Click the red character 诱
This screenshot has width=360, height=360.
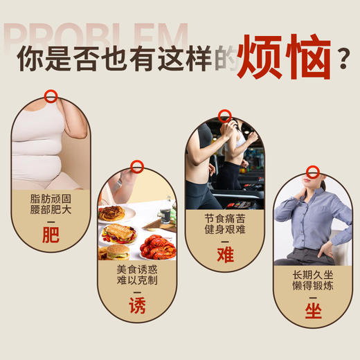pyautogui.click(x=137, y=305)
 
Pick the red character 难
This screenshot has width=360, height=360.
pyautogui.click(x=224, y=254)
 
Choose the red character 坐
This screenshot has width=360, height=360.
pyautogui.click(x=313, y=311)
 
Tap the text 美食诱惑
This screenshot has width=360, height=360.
pyautogui.click(x=137, y=269)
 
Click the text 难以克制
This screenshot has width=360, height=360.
pyautogui.click(x=137, y=281)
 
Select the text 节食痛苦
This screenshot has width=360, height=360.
pyautogui.click(x=224, y=217)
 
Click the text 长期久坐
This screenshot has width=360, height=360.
pyautogui.click(x=313, y=274)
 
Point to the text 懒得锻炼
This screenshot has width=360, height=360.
pyautogui.click(x=313, y=285)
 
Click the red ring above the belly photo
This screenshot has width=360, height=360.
pyautogui.click(x=51, y=96)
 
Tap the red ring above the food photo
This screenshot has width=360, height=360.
pyautogui.click(x=137, y=167)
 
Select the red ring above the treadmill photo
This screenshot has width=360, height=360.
pyautogui.click(x=224, y=116)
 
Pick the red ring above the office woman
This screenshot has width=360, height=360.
pyautogui.click(x=313, y=172)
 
